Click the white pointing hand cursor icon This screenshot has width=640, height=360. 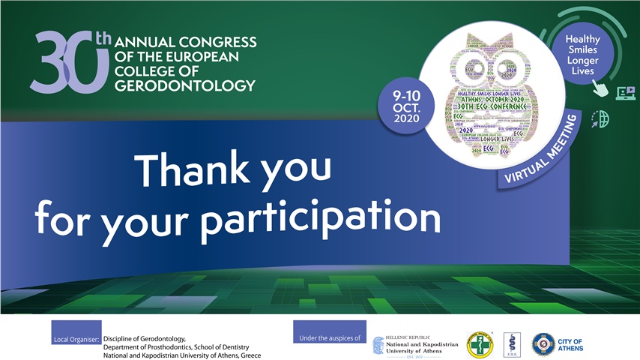coord(600,88)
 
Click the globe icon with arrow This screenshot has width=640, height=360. coord(600,118)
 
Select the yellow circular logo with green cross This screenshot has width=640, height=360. coord(480,344)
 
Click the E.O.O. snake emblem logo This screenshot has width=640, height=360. coord(511,344)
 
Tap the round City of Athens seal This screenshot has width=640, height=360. coord(544,344)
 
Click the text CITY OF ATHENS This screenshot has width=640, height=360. coord(572,345)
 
